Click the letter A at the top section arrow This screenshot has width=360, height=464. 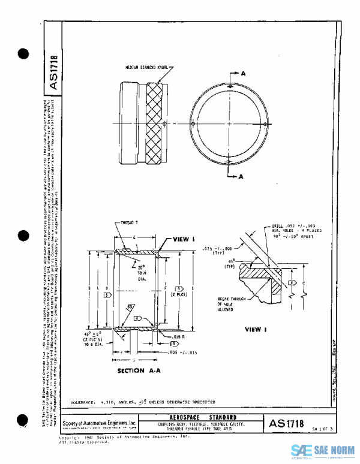(x=243, y=73)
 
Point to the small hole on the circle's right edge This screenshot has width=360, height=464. (x=265, y=124)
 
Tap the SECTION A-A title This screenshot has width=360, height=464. (x=140, y=371)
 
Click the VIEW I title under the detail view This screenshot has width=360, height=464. (x=256, y=329)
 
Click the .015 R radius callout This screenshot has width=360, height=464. (x=175, y=338)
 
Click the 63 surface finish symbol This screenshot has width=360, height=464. (x=130, y=308)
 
